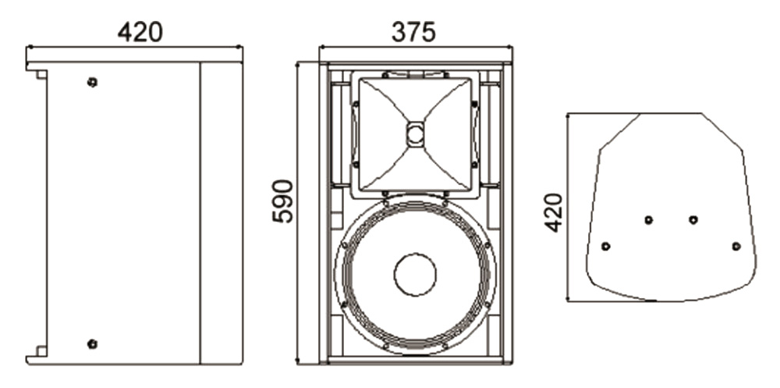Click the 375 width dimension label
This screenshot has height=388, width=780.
[413, 32]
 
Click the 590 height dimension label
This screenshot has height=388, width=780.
[283, 201]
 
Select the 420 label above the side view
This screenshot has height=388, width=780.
[140, 32]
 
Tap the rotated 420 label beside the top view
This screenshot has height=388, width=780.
[553, 212]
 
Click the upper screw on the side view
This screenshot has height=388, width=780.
[92, 82]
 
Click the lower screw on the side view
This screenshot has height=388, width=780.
[92, 344]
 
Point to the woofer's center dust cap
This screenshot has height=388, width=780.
[416, 275]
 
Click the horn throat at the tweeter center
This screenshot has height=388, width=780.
[416, 134]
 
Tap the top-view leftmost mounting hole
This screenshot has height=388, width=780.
[605, 246]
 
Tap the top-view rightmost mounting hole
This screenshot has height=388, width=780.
[736, 246]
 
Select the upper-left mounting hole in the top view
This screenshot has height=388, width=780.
[649, 219]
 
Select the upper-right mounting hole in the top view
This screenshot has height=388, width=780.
[693, 219]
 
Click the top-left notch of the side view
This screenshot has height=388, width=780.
[37, 74]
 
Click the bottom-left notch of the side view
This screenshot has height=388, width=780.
[37, 351]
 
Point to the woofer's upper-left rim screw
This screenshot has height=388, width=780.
[344, 244]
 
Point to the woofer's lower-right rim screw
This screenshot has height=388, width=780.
[487, 304]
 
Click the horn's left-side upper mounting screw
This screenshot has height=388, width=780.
[356, 104]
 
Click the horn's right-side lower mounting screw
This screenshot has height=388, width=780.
[474, 164]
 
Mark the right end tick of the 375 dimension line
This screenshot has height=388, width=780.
[512, 47]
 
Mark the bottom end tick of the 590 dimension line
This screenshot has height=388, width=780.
[297, 364]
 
